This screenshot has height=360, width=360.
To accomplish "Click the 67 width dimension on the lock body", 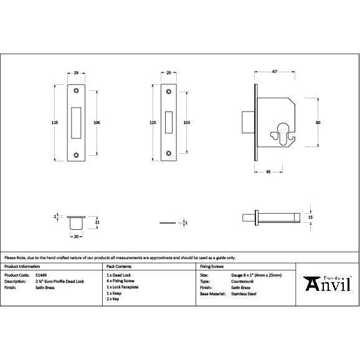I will pos(275,72).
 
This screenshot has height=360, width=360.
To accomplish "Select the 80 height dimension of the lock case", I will pos(318,123).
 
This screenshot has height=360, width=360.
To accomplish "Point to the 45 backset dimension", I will pos(267,171).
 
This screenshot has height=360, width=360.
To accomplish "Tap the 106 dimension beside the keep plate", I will pos(97,123).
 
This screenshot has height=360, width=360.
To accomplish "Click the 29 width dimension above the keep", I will pos(76,73).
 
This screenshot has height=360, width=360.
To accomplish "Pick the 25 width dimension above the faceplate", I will pos(169,73).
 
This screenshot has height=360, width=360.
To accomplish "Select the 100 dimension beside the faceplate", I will pos(186,123).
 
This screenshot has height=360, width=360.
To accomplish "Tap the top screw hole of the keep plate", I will pos(76,92).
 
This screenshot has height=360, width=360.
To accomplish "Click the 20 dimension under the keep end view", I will pos(76,237).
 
